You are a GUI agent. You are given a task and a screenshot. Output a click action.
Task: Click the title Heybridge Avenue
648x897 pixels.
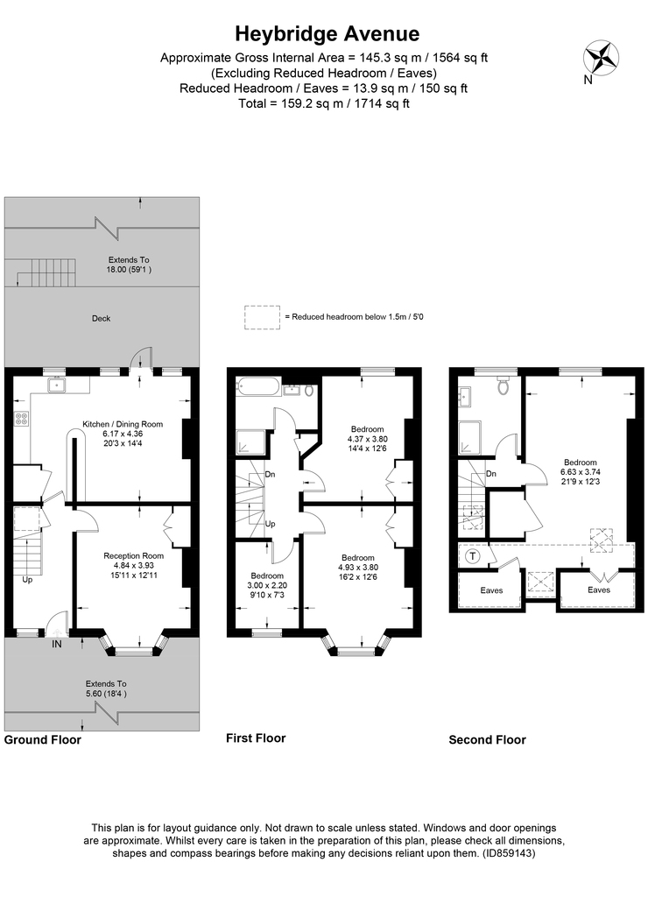tap(327, 34)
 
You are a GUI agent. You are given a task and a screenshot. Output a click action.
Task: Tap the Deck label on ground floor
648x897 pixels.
tap(101, 318)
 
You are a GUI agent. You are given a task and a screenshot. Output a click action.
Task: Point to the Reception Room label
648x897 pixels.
tap(133, 555)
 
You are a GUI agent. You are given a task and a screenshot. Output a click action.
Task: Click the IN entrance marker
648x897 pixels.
tap(57, 643)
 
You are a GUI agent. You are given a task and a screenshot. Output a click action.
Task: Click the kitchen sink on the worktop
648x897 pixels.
tap(56, 384)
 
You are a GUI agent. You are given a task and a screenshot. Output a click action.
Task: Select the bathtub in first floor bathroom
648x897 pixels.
tap(259, 387)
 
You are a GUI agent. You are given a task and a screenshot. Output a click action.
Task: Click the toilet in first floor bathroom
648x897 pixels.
tap(308, 391)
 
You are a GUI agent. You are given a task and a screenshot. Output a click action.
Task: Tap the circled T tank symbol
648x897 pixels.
tap(473, 556)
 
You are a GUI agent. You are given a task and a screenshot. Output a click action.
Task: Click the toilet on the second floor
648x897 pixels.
tap(503, 386)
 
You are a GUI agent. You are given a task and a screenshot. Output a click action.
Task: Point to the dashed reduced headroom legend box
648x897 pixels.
tap(262, 317)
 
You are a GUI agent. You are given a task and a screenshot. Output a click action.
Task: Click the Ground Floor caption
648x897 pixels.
tap(43, 739)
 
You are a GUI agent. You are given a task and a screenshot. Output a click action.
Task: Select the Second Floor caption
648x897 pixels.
tap(487, 739)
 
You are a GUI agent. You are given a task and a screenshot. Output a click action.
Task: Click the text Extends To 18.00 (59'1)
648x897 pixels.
tap(130, 265)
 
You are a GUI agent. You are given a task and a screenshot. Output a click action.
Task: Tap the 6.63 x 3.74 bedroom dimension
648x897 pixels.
tap(581, 471)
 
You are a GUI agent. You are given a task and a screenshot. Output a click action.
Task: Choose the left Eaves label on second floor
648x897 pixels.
tap(491, 590)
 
